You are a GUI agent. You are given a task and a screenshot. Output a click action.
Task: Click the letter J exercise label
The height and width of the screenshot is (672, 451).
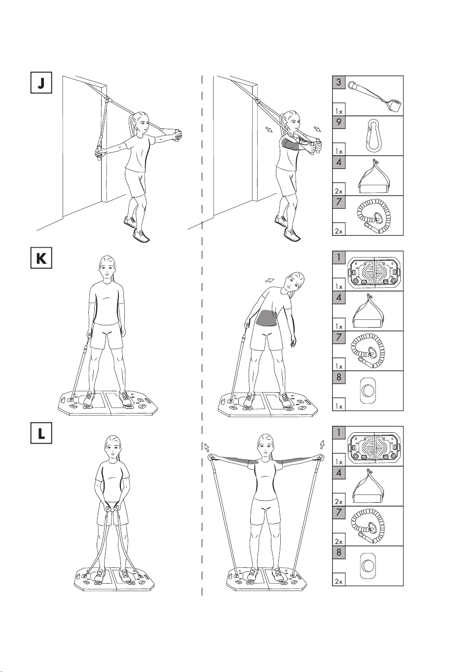41,82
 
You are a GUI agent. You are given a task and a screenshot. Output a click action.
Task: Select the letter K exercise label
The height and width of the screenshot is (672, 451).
41,258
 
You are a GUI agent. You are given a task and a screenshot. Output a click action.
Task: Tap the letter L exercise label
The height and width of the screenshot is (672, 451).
41,433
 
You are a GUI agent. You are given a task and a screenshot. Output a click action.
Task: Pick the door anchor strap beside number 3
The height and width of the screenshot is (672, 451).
375,97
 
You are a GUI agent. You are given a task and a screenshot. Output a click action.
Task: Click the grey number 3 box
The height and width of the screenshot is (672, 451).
339,82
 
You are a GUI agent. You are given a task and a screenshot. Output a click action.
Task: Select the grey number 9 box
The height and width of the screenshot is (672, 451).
339,122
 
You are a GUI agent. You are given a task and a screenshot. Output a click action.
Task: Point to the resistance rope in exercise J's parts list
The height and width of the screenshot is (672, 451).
373,216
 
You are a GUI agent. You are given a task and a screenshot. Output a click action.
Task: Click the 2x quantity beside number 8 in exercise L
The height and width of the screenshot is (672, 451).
338,581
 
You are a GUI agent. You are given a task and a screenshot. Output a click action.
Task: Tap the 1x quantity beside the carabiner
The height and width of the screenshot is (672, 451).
338,151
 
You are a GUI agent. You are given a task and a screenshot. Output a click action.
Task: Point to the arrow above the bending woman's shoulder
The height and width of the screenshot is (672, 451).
270,280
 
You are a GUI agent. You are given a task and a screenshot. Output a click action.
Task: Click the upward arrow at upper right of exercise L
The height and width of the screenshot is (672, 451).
322,444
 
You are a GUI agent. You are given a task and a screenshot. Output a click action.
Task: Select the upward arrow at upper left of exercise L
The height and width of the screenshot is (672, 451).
207,447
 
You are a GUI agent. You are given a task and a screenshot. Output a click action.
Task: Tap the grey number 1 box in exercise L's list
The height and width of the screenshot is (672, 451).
339,433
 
